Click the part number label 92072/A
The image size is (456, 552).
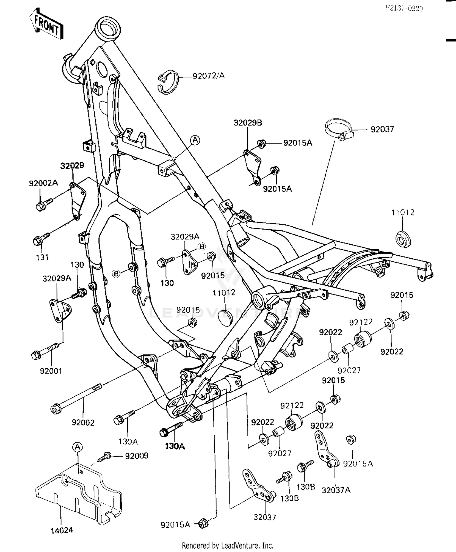click(x=209, y=76)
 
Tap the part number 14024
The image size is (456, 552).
click(x=62, y=530)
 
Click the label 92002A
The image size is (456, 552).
click(x=43, y=183)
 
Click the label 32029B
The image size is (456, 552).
click(x=248, y=123)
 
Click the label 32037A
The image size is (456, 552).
click(x=336, y=490)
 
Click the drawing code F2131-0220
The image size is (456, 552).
click(x=404, y=8)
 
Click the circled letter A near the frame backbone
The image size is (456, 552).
click(x=195, y=140)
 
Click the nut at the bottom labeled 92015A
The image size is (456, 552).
click(x=203, y=523)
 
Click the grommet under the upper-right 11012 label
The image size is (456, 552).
click(x=403, y=238)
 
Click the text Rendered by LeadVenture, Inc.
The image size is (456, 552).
click(x=228, y=545)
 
